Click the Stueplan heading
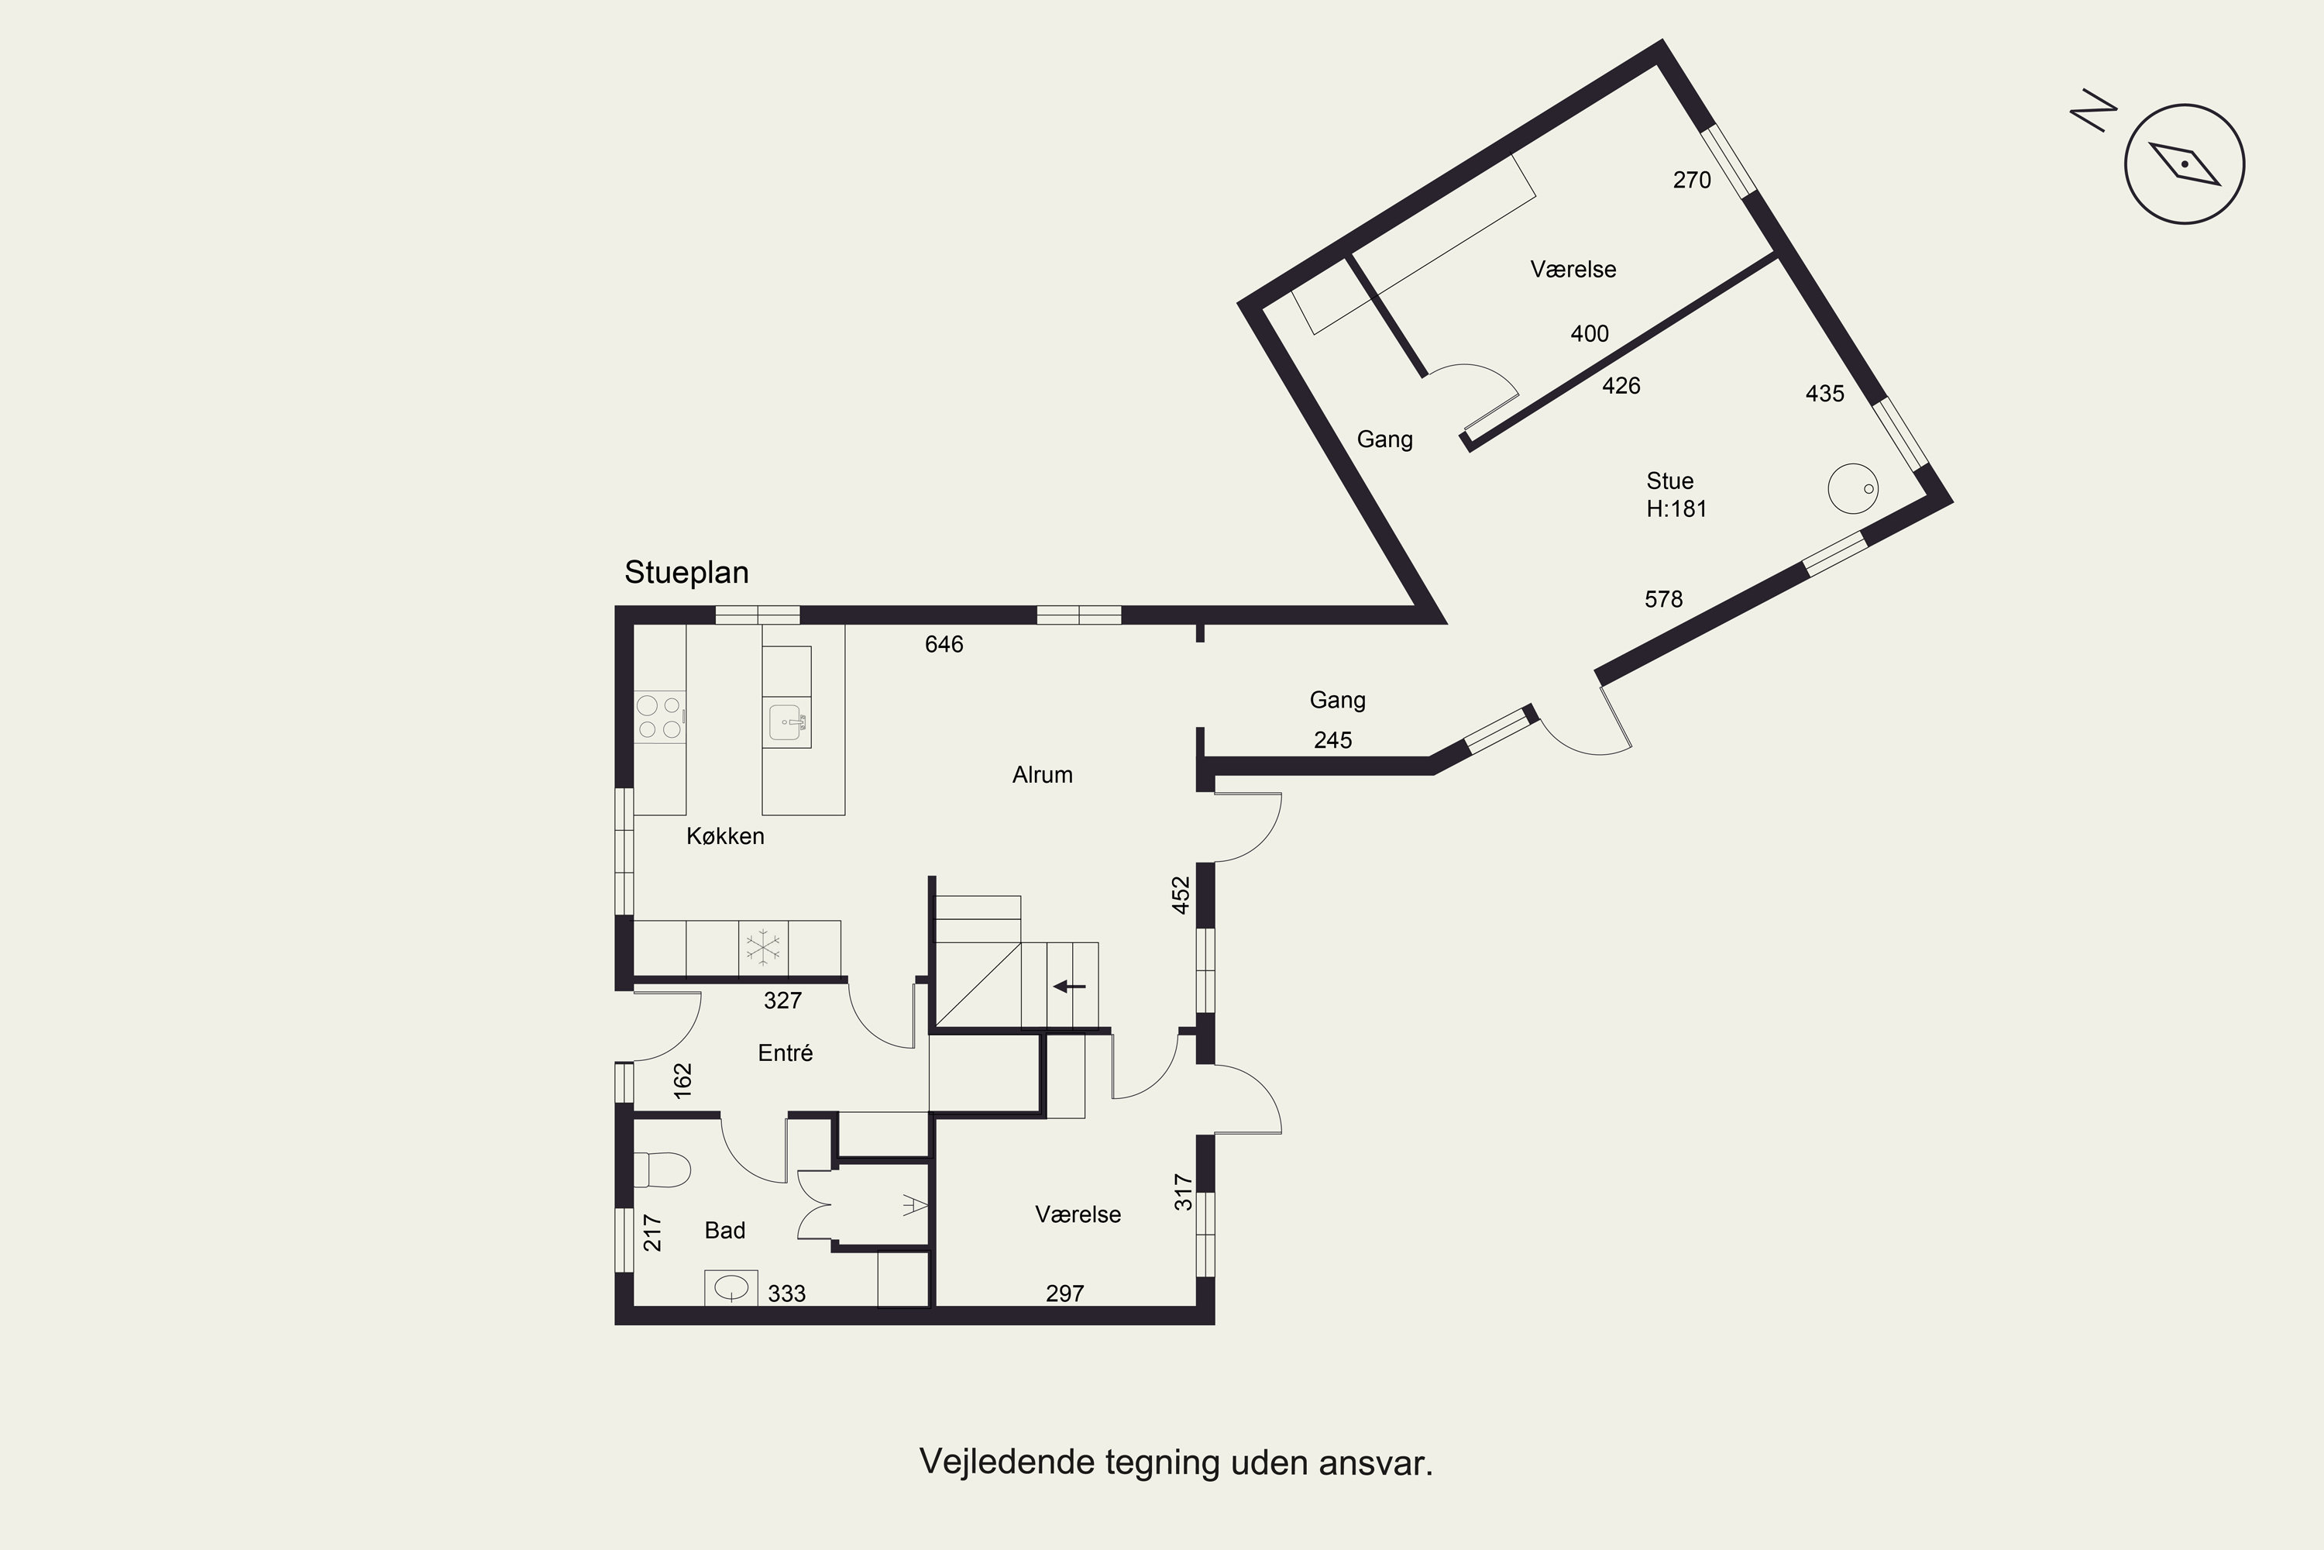(x=686, y=573)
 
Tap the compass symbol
(x=2184, y=164)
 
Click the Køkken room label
(x=725, y=836)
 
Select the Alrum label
(x=1043, y=775)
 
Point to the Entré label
(x=786, y=1052)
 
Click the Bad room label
(x=724, y=1231)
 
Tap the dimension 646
(x=944, y=645)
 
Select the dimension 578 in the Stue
(x=1664, y=599)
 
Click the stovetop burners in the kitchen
(x=659, y=718)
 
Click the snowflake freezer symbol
(x=763, y=947)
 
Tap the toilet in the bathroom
(x=661, y=1169)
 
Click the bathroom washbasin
(x=731, y=1287)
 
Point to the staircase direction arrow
(x=1069, y=986)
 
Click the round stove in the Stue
(x=1853, y=488)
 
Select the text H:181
(x=1677, y=509)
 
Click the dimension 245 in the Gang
(x=1333, y=740)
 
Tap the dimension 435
(x=1825, y=394)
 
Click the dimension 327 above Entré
(x=782, y=1001)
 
